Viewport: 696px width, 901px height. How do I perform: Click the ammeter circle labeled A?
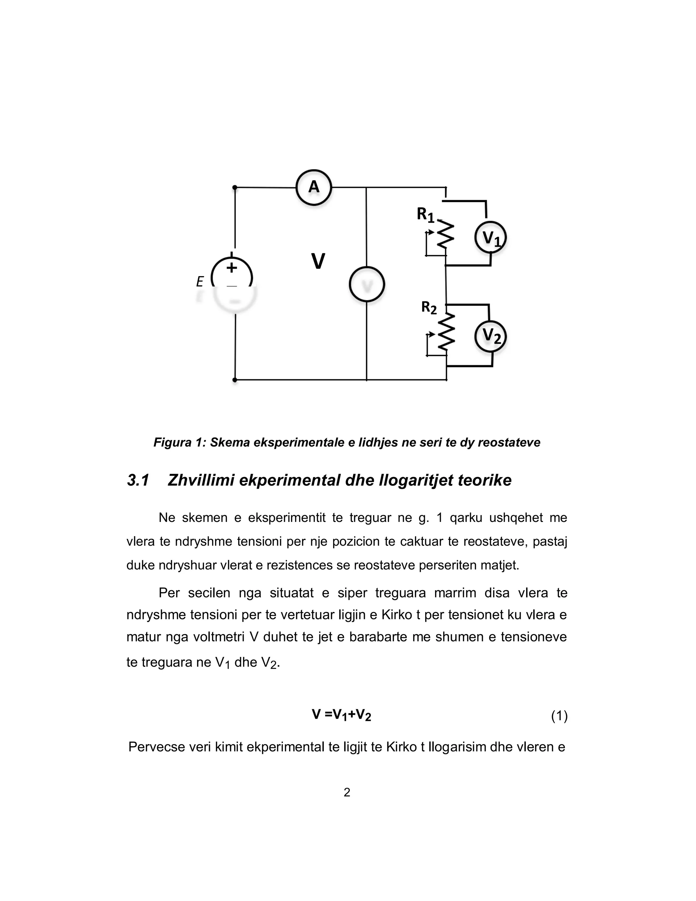pos(314,187)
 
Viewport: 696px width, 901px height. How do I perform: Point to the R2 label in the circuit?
pos(429,307)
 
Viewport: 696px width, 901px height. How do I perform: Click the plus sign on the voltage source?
pos(232,267)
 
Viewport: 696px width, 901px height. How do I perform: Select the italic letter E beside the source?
pos(200,282)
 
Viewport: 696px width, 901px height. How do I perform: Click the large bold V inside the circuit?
pos(318,261)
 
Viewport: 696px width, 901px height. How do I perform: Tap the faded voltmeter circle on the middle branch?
pos(367,284)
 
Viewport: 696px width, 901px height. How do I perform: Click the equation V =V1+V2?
pos(342,715)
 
